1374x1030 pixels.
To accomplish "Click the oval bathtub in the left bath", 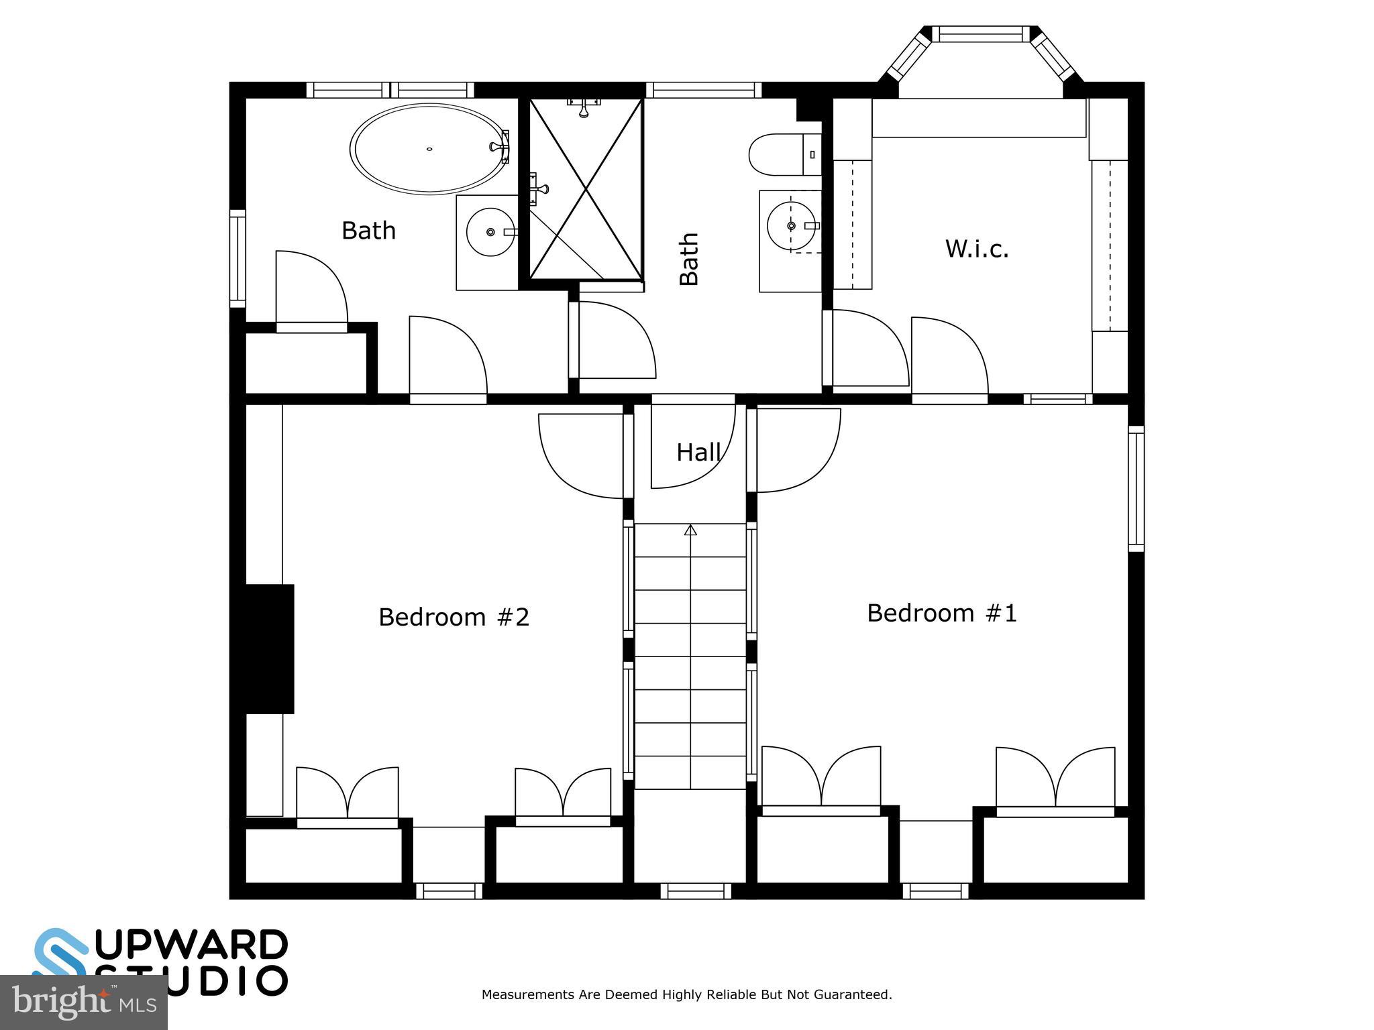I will tap(429, 149).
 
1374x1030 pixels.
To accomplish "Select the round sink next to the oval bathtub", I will tap(490, 232).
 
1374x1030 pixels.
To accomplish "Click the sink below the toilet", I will tap(792, 226).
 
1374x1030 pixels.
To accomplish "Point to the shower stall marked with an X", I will tap(586, 190).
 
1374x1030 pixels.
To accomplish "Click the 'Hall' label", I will tap(698, 453).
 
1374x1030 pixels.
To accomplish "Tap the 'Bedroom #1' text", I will tap(941, 613).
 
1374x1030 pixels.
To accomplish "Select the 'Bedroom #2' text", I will tap(454, 617).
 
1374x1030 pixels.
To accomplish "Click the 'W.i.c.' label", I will tap(976, 249).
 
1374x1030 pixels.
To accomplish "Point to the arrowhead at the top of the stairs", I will tap(690, 530).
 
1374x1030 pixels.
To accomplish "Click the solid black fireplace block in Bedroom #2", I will tap(268, 648).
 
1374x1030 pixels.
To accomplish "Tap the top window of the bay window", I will tap(980, 34).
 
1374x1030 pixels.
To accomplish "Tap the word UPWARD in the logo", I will tap(191, 946).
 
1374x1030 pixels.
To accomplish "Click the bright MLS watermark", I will tap(84, 1003).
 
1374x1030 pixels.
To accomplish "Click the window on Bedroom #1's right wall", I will tap(1135, 489).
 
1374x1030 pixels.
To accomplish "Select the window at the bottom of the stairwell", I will tap(695, 891).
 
